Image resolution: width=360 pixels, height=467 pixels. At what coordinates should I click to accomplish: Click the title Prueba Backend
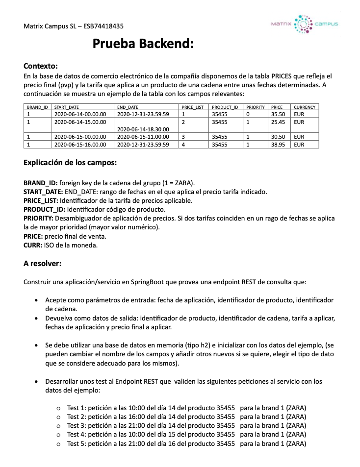pyautogui.click(x=143, y=45)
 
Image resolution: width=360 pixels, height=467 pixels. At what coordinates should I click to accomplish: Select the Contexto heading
pyautogui.click(x=41, y=66)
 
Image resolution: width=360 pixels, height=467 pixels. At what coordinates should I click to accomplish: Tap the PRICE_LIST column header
pyautogui.click(x=192, y=107)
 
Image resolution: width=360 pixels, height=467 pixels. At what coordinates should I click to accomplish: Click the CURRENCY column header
pyautogui.click(x=305, y=107)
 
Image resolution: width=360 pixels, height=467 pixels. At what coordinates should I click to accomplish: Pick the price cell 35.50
pyautogui.click(x=278, y=114)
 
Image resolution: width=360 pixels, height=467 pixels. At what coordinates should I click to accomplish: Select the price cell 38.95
pyautogui.click(x=278, y=145)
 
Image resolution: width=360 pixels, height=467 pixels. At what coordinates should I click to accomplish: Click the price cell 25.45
pyautogui.click(x=278, y=121)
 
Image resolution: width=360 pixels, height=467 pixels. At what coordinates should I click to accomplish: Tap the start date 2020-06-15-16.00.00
pyautogui.click(x=80, y=145)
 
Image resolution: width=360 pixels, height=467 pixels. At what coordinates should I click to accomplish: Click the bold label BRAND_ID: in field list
pyautogui.click(x=40, y=183)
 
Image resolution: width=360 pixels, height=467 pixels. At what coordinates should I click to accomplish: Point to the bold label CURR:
pyautogui.click(x=33, y=245)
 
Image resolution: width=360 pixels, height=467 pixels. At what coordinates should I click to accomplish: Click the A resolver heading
pyautogui.click(x=42, y=264)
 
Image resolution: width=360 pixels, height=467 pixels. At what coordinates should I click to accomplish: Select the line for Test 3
pyautogui.click(x=186, y=425)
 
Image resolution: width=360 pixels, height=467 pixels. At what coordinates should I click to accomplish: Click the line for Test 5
pyautogui.click(x=186, y=443)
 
